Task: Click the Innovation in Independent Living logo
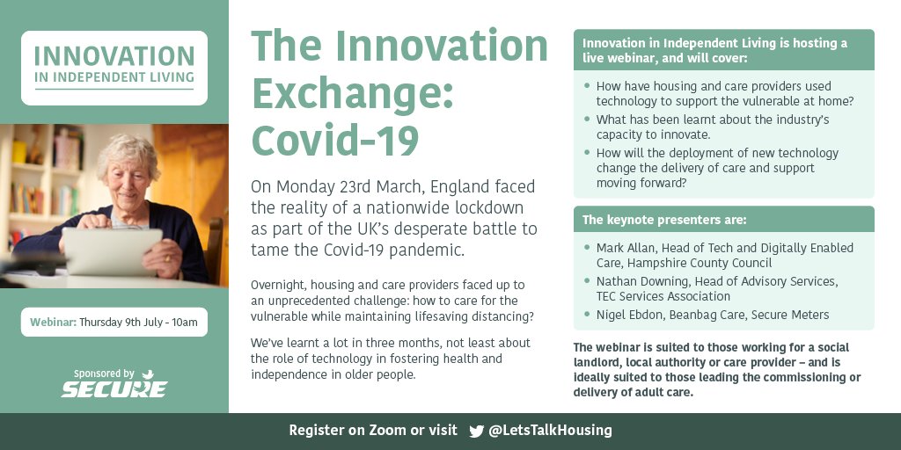tap(114, 67)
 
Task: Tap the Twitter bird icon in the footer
tap(477, 431)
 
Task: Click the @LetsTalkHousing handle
tap(550, 431)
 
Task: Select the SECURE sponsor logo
tap(114, 388)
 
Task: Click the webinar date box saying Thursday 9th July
tap(114, 323)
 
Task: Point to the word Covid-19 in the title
tap(335, 139)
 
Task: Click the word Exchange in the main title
tap(353, 93)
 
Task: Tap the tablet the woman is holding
tap(111, 250)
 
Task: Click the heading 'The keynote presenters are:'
tap(664, 220)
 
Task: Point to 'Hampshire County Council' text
tap(704, 263)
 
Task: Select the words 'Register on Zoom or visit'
tap(373, 431)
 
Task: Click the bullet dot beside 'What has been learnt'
tap(587, 120)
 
